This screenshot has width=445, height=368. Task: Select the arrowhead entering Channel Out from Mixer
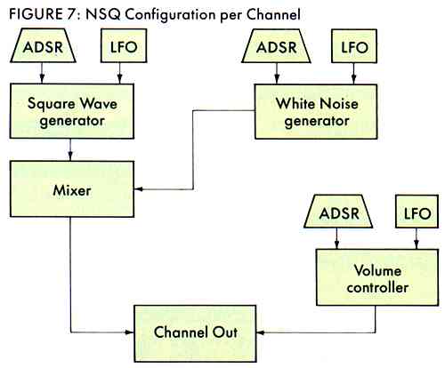[129, 332]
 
